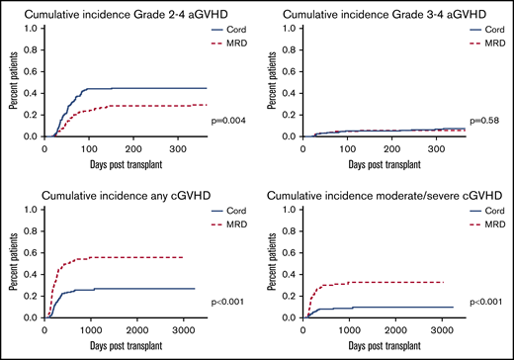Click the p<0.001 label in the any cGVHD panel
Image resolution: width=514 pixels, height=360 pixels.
pyautogui.click(x=229, y=301)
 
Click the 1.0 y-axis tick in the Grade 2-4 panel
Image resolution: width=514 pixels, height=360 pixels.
pyautogui.click(x=32, y=28)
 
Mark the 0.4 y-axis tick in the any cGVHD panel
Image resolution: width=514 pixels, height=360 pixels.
pyautogui.click(x=32, y=274)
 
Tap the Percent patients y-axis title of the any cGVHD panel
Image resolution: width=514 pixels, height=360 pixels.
pyautogui.click(x=11, y=264)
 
